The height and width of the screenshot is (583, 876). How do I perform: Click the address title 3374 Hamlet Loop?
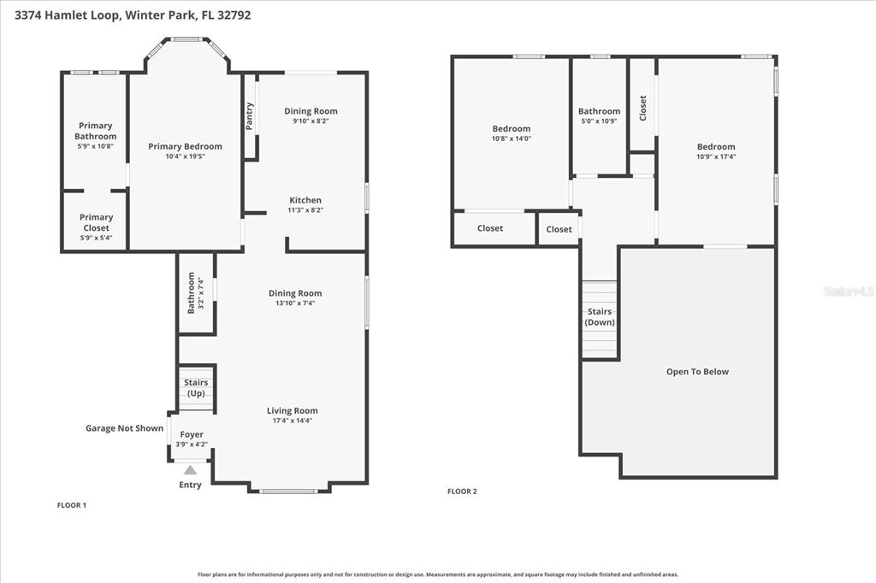tap(126, 15)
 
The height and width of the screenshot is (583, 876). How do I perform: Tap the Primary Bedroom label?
tap(185, 146)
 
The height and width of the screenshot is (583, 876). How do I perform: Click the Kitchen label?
tap(305, 200)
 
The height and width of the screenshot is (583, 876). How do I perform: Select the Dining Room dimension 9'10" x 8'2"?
tap(311, 121)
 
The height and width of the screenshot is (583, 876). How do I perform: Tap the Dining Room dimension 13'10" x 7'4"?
tap(295, 303)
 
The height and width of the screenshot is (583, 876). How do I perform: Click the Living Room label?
tap(292, 410)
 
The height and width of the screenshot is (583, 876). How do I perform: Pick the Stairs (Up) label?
tap(196, 388)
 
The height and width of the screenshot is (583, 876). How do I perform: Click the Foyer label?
tap(192, 434)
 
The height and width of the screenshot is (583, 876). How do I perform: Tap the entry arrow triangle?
tap(190, 469)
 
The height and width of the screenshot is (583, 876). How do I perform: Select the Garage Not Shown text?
tap(124, 428)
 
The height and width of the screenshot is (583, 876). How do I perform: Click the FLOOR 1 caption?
tap(72, 505)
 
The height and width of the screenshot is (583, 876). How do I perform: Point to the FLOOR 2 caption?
tap(462, 492)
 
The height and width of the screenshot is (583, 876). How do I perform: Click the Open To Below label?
tap(697, 372)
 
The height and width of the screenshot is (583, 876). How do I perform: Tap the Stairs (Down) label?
tap(600, 317)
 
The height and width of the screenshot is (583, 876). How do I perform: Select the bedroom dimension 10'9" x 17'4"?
tap(715, 156)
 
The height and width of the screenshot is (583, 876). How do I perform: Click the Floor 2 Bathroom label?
tap(599, 111)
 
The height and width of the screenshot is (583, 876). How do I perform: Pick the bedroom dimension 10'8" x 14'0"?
tap(511, 138)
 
